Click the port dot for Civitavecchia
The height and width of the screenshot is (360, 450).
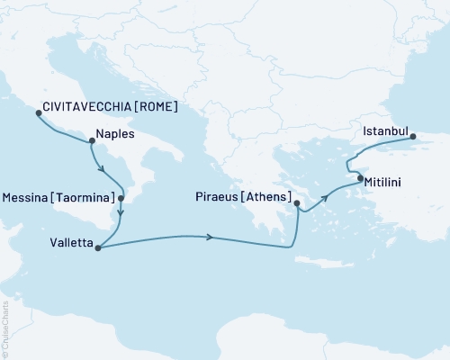38,113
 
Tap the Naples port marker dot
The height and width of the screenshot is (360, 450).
92,140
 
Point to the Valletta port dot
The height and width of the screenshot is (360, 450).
96,247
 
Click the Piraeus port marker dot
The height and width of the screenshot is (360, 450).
297,204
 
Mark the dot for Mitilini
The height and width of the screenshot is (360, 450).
361,179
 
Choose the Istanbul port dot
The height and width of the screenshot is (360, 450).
413,138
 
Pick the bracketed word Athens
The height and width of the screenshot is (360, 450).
265,197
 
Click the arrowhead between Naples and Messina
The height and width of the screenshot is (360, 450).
105,173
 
